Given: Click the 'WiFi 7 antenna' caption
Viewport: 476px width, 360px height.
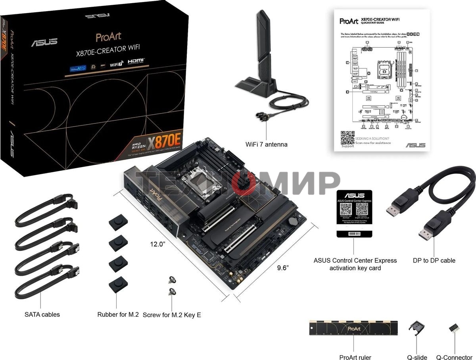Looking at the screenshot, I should tap(266, 144).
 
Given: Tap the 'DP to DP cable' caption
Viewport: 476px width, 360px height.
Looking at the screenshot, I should tap(434, 260).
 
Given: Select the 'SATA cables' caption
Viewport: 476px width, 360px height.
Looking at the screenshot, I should tap(42, 314).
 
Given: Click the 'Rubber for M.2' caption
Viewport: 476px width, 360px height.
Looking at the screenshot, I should tap(118, 314).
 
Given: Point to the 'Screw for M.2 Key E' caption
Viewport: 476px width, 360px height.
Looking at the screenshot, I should tap(172, 315).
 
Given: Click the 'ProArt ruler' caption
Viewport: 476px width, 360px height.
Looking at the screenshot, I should tap(355, 357).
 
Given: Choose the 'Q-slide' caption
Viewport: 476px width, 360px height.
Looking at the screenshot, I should tap(417, 357).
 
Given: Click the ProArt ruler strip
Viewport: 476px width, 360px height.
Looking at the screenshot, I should tap(353, 328).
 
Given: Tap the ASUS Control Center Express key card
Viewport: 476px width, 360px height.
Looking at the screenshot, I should tap(354, 213).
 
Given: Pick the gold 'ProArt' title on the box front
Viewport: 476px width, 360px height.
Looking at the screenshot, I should tap(108, 37).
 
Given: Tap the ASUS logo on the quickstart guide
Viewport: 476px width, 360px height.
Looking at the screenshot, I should tap(415, 145).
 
